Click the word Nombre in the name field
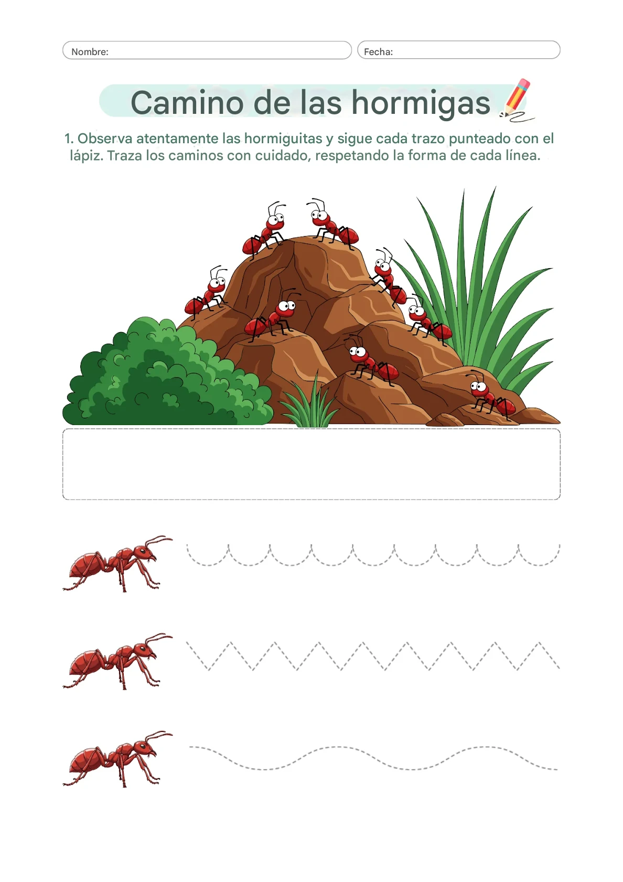89,52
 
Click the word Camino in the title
187,103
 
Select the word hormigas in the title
421,103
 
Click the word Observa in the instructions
105,139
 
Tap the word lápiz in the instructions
86,156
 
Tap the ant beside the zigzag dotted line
117,661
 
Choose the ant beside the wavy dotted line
117,759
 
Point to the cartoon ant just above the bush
206,292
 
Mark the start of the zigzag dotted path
187,643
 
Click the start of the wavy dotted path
190,747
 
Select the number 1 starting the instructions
69,139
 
